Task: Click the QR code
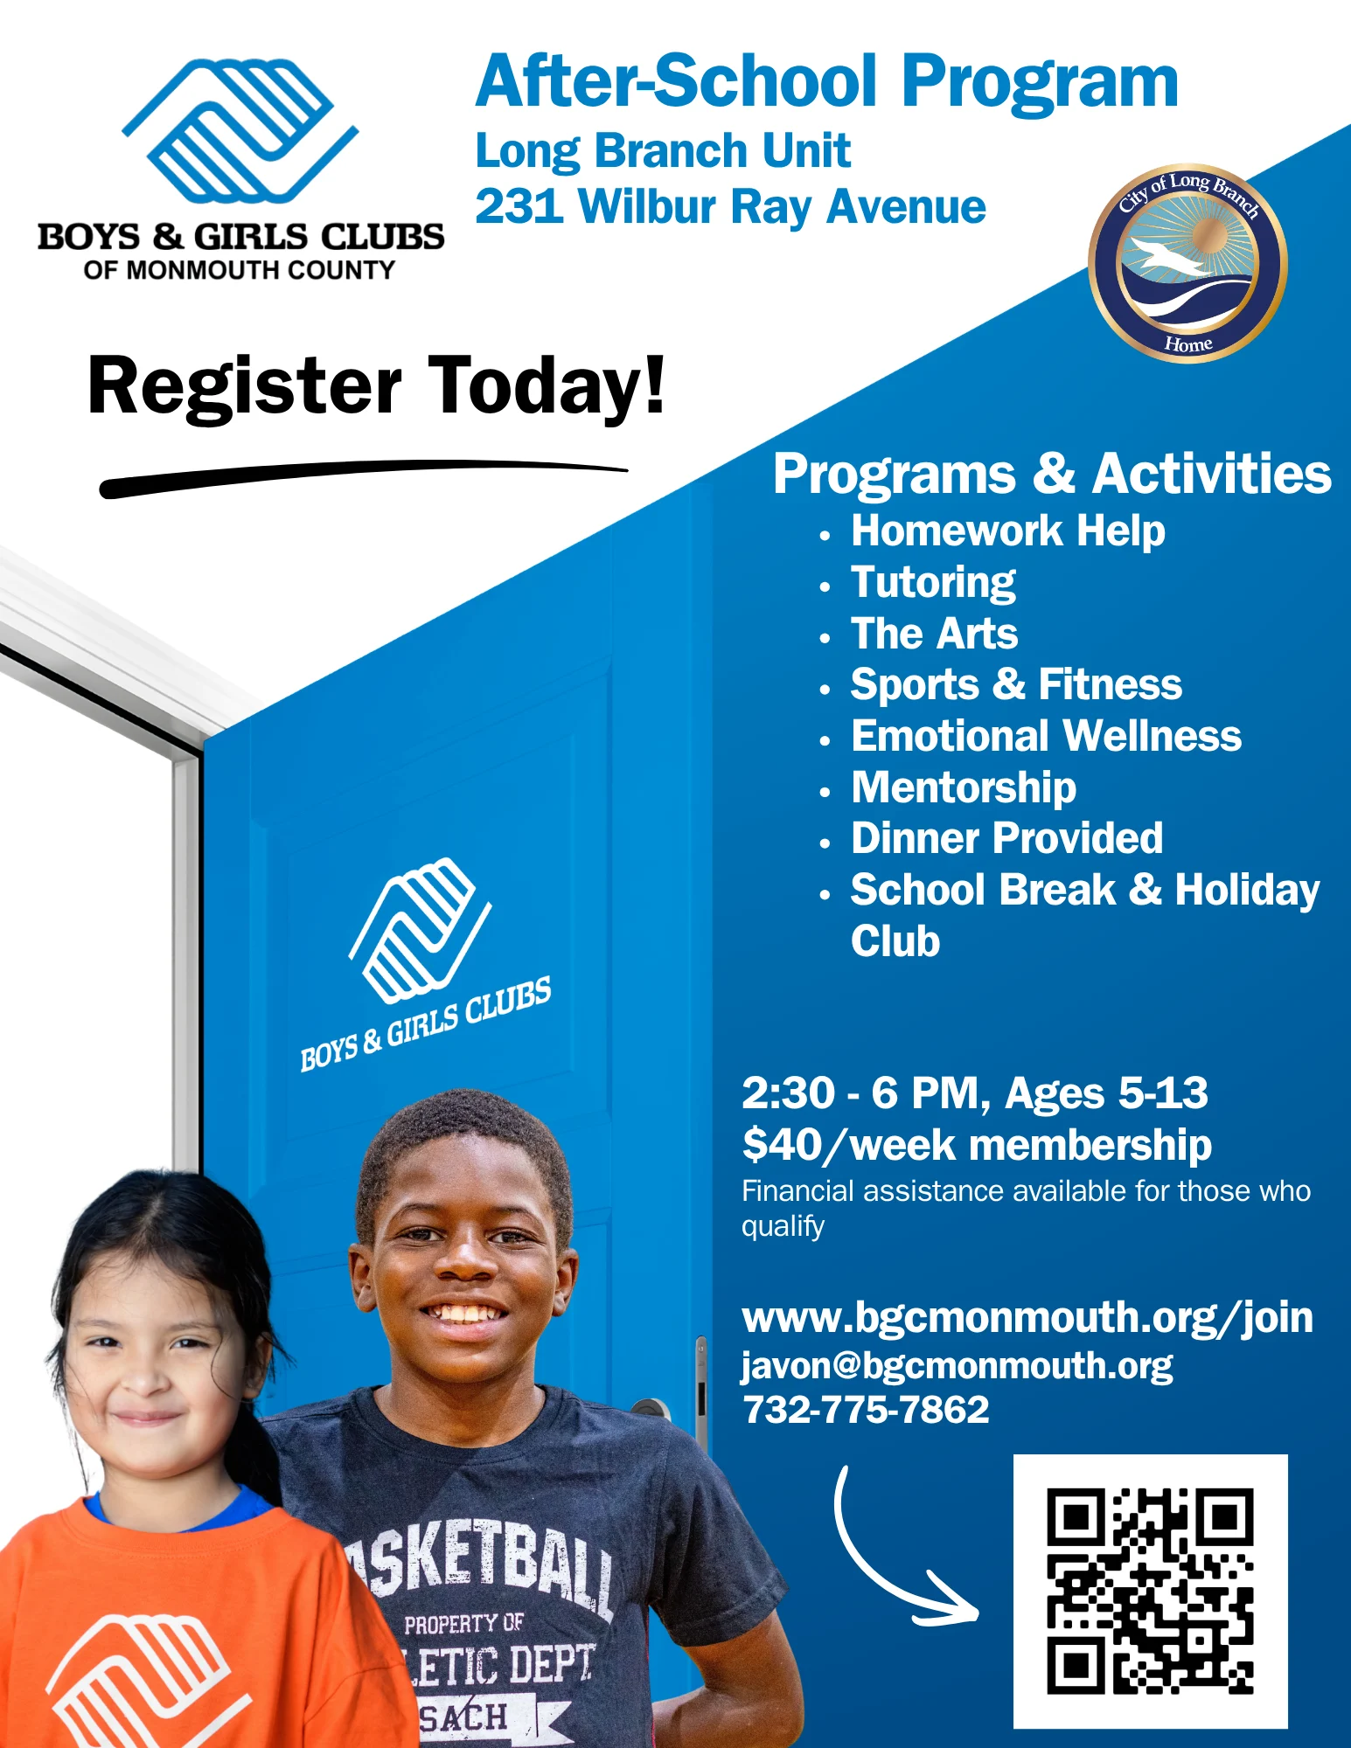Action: (1150, 1591)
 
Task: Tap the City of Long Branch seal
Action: (1187, 263)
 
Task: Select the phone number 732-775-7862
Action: (866, 1410)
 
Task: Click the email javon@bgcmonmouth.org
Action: (958, 1366)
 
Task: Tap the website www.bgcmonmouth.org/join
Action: (1027, 1318)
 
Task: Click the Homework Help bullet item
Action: (1008, 531)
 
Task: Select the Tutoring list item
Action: (934, 582)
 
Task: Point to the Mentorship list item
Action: (964, 787)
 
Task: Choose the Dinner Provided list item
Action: (1007, 838)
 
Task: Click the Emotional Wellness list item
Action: (1047, 736)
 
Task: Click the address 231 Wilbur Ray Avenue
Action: (731, 207)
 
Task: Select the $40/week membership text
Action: (977, 1145)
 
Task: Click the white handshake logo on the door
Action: (421, 929)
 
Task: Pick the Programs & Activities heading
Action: (1052, 474)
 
